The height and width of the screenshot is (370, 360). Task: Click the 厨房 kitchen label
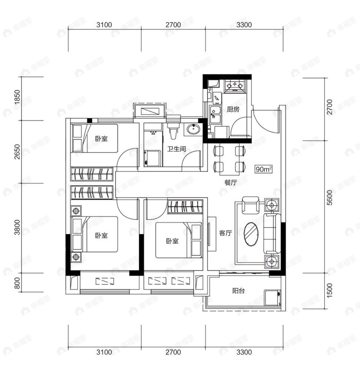pos(233,109)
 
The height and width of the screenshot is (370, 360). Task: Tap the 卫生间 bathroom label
pos(177,149)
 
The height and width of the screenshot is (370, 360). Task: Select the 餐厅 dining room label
pos(230,182)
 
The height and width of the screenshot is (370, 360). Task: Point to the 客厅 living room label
pos(226,233)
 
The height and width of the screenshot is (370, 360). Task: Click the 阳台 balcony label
pos(238,291)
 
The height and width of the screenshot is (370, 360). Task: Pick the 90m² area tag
pos(264,169)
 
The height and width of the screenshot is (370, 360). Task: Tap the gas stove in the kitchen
pos(235,86)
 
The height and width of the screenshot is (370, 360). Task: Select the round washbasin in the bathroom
pos(194,129)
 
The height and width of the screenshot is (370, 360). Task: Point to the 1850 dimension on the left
pos(17,97)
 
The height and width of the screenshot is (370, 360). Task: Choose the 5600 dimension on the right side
pos(330,198)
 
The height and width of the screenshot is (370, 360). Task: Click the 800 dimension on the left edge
pos(17,283)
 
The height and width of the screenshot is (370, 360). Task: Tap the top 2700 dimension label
pos(173,25)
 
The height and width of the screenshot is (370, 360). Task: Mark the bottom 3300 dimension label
pos(244,352)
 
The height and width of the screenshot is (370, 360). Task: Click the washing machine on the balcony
pos(272,298)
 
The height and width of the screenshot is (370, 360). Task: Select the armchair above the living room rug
pos(250,205)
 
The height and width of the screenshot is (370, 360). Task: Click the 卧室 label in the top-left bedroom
pos(101,138)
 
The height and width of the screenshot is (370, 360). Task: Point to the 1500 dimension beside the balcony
pos(330,291)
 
